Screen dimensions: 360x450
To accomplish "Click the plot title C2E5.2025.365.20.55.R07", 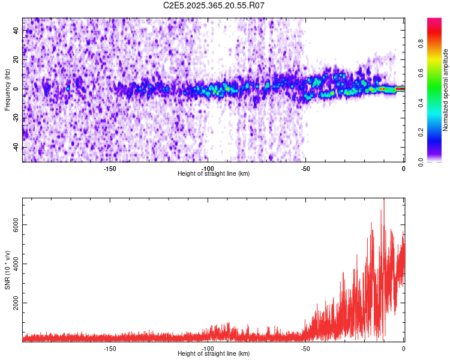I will point(214,5).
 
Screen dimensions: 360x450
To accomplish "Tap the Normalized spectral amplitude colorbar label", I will point(446,90).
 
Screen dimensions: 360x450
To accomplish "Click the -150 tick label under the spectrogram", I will point(110,169).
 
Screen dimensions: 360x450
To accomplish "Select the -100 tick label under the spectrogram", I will point(208,169).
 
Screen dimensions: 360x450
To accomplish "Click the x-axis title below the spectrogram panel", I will point(214,174).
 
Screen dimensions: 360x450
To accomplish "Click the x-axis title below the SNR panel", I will point(214,354).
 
